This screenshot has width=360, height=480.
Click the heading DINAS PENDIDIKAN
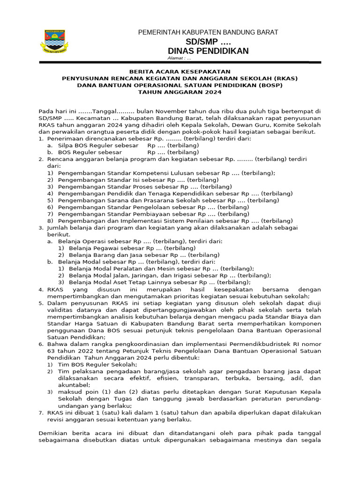[208, 51]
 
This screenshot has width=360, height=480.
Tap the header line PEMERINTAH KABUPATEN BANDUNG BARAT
[208, 32]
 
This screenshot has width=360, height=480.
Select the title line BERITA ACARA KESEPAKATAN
[180, 71]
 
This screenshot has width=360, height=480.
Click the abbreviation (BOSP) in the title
[270, 85]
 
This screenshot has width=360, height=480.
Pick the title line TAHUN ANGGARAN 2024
[180, 92]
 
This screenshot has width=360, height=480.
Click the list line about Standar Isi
[138, 180]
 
